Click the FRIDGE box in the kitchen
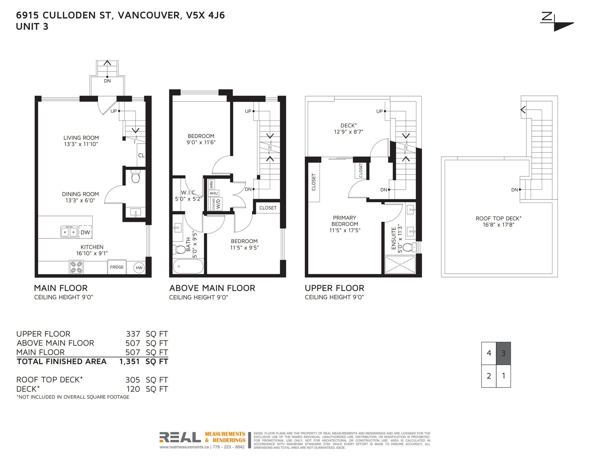(x=117, y=267)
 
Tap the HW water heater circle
(x=139, y=268)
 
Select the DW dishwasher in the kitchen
(x=85, y=232)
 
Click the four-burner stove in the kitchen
(x=76, y=267)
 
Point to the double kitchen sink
(x=69, y=232)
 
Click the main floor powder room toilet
(x=135, y=176)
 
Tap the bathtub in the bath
(x=188, y=266)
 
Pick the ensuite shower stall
(x=400, y=264)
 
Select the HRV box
(x=211, y=184)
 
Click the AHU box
(x=214, y=193)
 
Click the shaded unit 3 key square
(x=503, y=353)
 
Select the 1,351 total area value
(x=129, y=361)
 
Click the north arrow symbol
(x=557, y=22)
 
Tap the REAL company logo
(x=180, y=437)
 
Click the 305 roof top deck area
(x=133, y=380)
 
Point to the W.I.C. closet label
(x=189, y=193)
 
